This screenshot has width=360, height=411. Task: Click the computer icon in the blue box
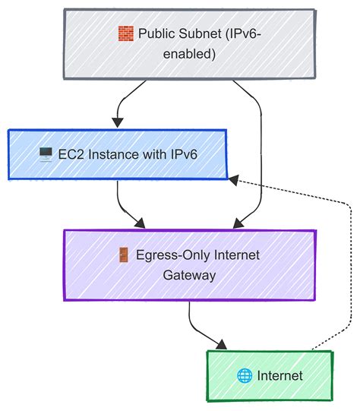(45, 155)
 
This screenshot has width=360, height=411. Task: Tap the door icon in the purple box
(123, 255)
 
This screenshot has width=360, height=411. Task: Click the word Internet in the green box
(280, 375)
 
